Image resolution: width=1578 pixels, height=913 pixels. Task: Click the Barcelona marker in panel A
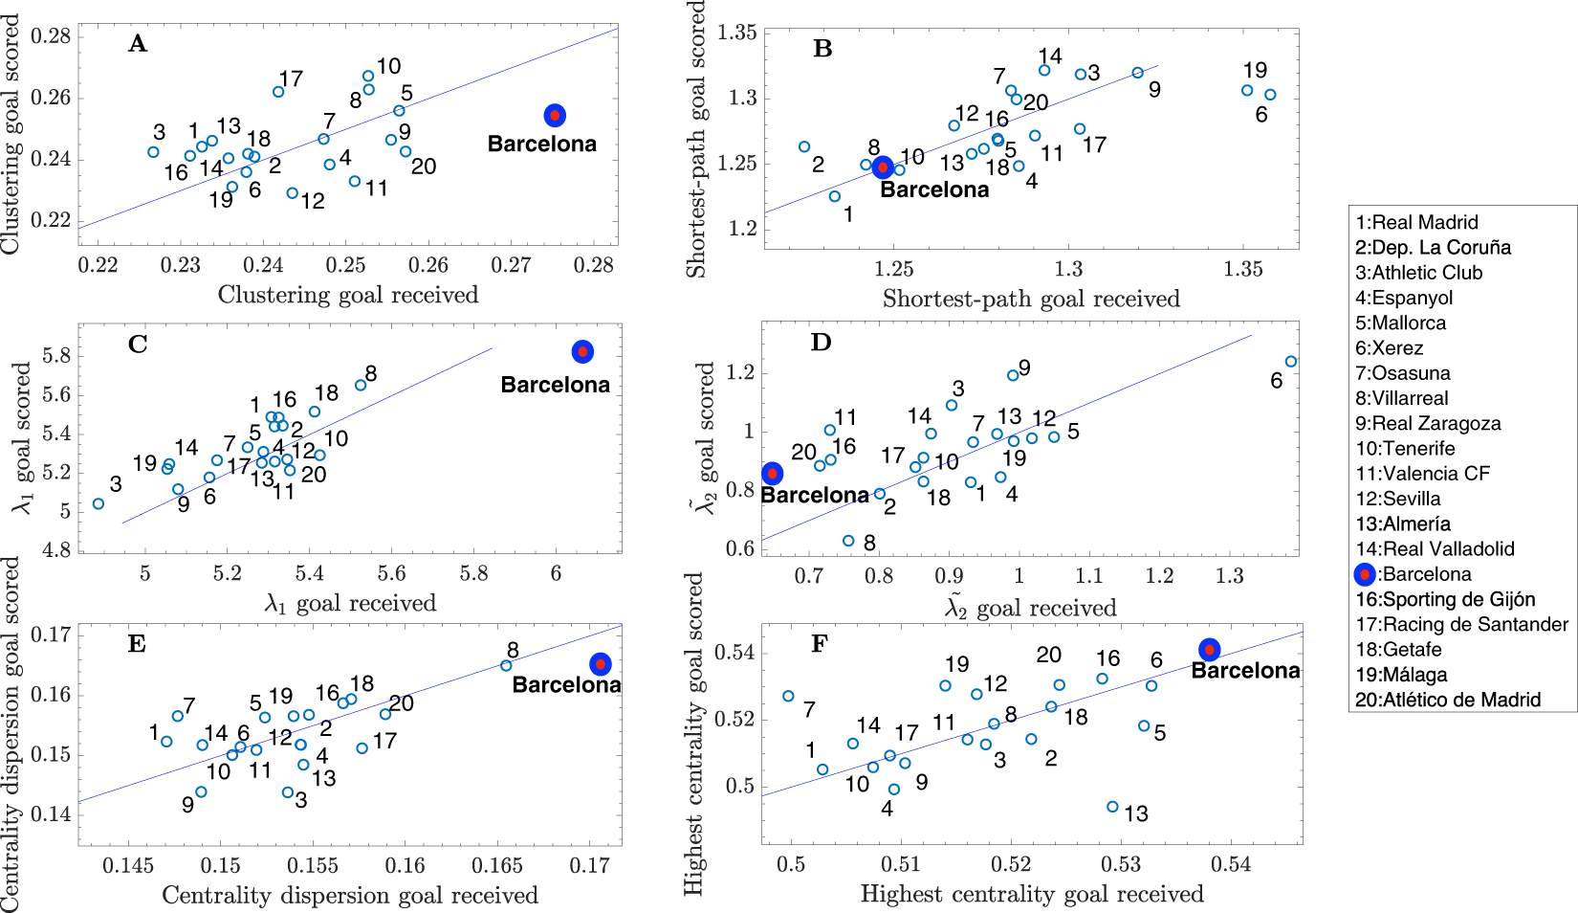[x=555, y=115]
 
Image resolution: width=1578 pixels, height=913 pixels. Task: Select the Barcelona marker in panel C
[x=582, y=351]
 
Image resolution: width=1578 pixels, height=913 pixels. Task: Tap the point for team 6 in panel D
[x=1291, y=362]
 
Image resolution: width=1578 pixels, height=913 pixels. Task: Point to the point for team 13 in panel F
[x=1112, y=807]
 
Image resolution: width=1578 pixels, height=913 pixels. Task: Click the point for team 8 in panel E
[x=506, y=665]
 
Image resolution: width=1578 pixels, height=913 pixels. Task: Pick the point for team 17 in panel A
[x=278, y=92]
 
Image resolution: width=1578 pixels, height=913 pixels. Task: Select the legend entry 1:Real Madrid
[x=1416, y=222]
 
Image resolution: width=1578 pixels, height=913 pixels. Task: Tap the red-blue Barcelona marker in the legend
[x=1365, y=574]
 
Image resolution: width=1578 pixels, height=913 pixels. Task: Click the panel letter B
[x=822, y=49]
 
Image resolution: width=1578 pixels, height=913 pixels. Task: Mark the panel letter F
[x=820, y=643]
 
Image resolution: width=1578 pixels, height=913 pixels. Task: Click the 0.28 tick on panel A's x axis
[x=593, y=265]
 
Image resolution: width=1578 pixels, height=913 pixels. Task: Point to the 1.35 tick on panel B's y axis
[x=737, y=33]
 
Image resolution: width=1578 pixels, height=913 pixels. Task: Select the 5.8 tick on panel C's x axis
[x=473, y=573]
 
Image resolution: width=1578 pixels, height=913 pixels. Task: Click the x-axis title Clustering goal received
[x=348, y=295]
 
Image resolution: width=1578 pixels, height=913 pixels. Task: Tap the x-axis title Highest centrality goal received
[x=1031, y=894]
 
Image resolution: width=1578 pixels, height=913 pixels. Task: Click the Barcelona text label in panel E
[x=566, y=685]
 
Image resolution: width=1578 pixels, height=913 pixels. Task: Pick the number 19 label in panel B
[x=1255, y=70]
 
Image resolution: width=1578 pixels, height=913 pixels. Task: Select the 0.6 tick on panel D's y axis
[x=741, y=548]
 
